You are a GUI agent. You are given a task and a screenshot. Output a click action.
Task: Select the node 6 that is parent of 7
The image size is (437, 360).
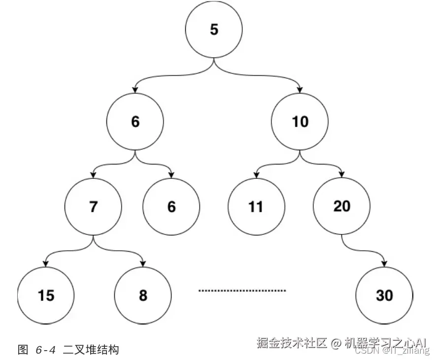[135, 122]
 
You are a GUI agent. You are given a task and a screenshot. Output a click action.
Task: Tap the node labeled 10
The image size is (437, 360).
[300, 121]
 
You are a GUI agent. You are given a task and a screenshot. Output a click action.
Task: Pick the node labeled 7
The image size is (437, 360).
[94, 206]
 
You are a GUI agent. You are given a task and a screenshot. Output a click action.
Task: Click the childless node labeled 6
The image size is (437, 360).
[171, 206]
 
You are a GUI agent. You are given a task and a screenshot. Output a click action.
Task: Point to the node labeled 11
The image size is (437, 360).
[256, 206]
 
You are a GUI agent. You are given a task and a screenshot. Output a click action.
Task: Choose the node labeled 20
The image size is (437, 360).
[341, 206]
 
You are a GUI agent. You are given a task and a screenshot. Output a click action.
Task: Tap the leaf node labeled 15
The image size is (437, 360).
[46, 295]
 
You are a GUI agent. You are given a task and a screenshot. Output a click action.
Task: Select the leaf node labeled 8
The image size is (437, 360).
[143, 295]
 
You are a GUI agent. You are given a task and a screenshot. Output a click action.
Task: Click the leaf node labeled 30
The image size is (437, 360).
[384, 295]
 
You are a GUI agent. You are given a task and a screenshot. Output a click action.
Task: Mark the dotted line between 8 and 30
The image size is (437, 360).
[242, 291]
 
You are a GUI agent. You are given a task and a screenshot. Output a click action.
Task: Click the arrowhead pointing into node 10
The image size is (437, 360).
[300, 90]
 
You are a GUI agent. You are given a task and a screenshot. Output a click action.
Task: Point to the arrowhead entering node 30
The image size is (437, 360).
[385, 263]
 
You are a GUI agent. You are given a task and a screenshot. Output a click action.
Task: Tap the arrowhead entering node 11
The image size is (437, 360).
[256, 175]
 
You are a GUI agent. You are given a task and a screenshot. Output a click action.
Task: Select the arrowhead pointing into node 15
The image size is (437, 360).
[46, 263]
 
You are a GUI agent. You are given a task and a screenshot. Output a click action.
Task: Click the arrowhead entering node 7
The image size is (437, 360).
[94, 175]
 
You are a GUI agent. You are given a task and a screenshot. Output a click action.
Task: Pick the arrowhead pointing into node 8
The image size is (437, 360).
[143, 263]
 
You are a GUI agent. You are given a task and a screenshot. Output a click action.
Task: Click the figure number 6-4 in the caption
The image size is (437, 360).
[45, 350]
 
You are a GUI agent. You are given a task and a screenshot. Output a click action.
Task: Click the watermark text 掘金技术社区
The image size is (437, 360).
[292, 343]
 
